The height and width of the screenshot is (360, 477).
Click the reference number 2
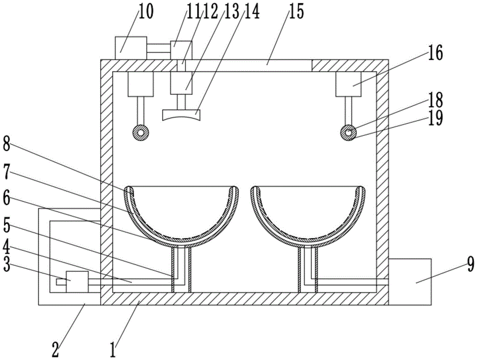click(x=55, y=350)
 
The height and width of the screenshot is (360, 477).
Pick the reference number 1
click(x=113, y=350)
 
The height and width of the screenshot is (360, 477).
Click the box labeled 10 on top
click(x=131, y=48)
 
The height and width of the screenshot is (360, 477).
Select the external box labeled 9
click(x=410, y=281)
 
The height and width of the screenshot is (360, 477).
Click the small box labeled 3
click(x=77, y=282)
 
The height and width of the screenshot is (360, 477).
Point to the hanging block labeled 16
click(x=348, y=84)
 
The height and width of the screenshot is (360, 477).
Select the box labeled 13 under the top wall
click(x=181, y=83)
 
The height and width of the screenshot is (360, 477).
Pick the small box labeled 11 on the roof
click(x=181, y=50)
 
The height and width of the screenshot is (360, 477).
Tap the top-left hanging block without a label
click(x=141, y=84)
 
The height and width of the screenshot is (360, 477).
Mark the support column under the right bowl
click(x=308, y=269)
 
